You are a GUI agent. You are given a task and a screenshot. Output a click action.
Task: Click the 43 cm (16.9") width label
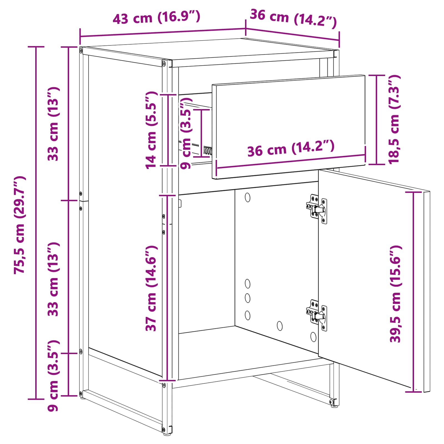[x=156, y=17]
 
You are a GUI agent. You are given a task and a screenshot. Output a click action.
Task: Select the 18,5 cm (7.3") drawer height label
[x=394, y=119]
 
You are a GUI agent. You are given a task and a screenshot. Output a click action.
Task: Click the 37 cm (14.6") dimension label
[x=151, y=288]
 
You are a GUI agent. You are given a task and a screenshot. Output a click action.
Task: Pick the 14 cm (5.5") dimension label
[x=151, y=130]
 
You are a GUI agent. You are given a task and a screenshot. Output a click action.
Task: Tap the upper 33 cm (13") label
[x=53, y=124]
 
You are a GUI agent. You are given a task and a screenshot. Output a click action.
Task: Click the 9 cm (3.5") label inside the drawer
[x=186, y=135]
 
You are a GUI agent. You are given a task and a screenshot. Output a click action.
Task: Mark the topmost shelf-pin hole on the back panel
[x=248, y=197]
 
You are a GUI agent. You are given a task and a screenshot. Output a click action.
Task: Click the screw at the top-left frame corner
[x=81, y=51]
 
